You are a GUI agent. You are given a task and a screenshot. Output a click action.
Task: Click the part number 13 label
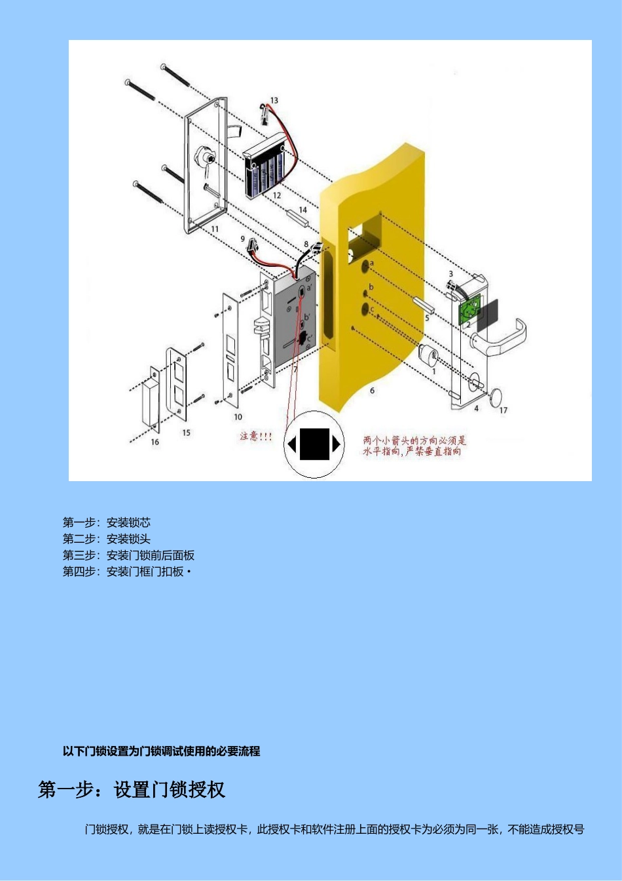point(274,100)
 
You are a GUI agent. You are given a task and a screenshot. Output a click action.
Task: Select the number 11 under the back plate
point(215,229)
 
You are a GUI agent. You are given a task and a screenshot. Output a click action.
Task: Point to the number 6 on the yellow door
point(372,391)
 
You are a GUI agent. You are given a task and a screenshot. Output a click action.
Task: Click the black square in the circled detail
point(314,444)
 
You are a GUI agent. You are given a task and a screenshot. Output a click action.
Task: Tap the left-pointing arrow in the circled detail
point(292,445)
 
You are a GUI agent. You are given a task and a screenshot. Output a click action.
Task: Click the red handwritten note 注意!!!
point(255,436)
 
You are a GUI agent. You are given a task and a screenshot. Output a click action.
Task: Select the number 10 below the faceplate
point(238,417)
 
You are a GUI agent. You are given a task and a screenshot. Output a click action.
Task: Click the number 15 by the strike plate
point(187,433)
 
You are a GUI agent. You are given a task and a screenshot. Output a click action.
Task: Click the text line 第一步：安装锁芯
point(107,522)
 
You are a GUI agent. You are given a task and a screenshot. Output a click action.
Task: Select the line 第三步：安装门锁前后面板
point(128,555)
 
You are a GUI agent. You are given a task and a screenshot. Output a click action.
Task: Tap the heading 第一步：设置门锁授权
point(132,790)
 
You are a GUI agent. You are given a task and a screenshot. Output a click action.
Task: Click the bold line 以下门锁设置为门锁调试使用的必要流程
point(162,751)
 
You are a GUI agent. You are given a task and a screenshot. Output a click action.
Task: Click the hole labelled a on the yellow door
point(364,266)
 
